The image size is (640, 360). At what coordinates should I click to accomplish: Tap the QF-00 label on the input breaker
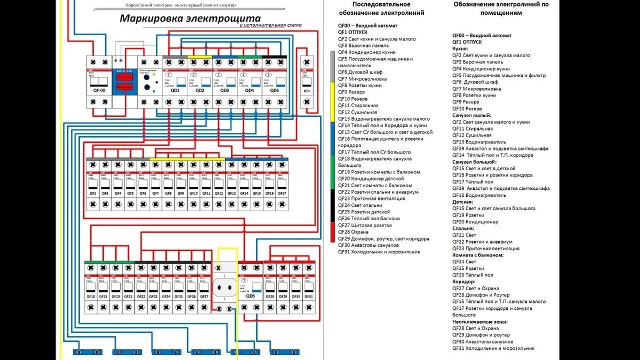(99, 91)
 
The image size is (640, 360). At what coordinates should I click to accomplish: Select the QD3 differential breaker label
(224, 91)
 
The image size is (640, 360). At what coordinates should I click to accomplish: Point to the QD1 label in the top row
(175, 91)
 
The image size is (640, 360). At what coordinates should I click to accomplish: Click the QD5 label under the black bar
(275, 91)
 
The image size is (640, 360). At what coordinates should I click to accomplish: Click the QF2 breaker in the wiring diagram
(92, 193)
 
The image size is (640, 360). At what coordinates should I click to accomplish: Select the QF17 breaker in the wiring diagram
(282, 193)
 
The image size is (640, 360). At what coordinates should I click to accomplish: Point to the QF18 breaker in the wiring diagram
(91, 296)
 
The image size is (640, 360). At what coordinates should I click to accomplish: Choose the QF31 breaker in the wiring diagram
(309, 296)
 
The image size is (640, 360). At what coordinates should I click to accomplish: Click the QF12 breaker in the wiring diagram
(219, 193)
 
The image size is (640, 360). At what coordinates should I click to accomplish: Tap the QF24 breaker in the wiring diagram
(166, 296)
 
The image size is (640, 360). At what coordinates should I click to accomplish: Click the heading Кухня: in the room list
(461, 49)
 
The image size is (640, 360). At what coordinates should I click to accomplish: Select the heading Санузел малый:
(472, 115)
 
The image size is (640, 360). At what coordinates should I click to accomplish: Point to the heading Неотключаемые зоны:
(480, 322)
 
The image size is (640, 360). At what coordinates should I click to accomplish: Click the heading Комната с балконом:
(478, 255)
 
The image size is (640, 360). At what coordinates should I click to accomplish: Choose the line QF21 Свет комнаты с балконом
(379, 185)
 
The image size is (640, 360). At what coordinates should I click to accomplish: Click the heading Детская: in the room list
(463, 202)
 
